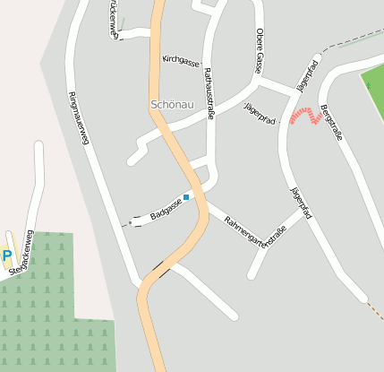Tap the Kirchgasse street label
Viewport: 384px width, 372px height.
[x=181, y=60]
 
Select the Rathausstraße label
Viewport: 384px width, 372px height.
[x=209, y=91]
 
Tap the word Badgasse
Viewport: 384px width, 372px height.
[x=166, y=211]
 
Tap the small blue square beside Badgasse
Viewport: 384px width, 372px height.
[x=186, y=197]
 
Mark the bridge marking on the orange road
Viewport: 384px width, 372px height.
[x=162, y=267]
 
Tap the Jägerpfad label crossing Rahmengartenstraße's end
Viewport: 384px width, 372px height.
[x=302, y=203]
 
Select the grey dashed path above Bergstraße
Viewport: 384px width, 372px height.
[x=354, y=40]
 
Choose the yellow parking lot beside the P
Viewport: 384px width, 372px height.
[x=4, y=242]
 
